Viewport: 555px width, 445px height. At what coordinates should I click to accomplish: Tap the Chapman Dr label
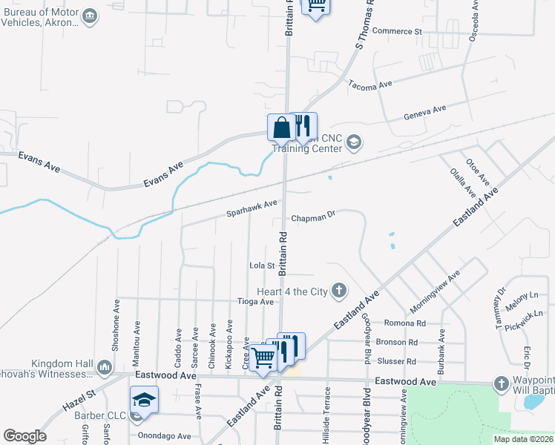tap(313, 218)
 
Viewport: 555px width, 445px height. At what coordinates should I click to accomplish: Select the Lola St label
tap(262, 265)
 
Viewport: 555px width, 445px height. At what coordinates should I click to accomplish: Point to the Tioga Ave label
tap(255, 301)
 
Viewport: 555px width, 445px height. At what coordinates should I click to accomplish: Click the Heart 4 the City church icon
tap(339, 291)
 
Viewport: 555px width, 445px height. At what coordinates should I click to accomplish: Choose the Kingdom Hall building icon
tap(104, 366)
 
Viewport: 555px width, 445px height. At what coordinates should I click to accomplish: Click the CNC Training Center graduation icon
tap(354, 142)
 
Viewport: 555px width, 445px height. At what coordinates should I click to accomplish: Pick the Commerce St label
tap(396, 31)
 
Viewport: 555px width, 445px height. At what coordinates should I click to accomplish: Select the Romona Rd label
tap(404, 323)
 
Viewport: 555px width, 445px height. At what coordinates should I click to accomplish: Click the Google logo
tap(24, 435)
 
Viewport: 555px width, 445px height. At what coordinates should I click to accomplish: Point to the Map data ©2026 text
tap(522, 439)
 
